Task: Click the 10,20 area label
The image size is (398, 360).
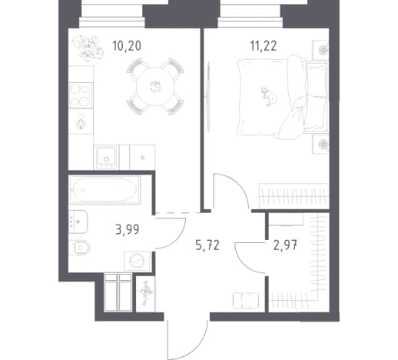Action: click(x=127, y=46)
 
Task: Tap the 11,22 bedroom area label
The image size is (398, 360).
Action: click(x=264, y=46)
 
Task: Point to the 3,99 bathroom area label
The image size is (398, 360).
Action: click(x=128, y=229)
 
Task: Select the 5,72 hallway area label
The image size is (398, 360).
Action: click(x=207, y=245)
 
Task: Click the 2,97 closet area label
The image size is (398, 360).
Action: click(x=285, y=245)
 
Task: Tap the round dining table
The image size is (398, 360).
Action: click(x=155, y=86)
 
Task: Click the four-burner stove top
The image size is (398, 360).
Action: click(x=81, y=95)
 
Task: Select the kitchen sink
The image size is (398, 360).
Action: click(x=106, y=156)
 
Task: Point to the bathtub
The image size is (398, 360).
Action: click(x=104, y=190)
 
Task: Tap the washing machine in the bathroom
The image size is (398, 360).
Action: click(x=137, y=261)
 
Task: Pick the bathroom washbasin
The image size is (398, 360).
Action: click(x=78, y=222)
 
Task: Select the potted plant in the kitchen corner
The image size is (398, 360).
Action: click(x=88, y=48)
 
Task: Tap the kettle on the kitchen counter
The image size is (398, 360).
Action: click(x=81, y=123)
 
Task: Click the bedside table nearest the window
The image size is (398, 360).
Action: click(x=320, y=50)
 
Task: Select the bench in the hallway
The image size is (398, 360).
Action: click(x=246, y=300)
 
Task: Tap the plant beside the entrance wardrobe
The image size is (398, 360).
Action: click(x=146, y=293)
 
